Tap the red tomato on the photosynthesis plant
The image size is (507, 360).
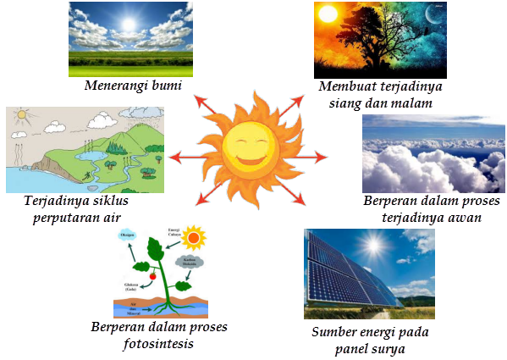tap(152, 276)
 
